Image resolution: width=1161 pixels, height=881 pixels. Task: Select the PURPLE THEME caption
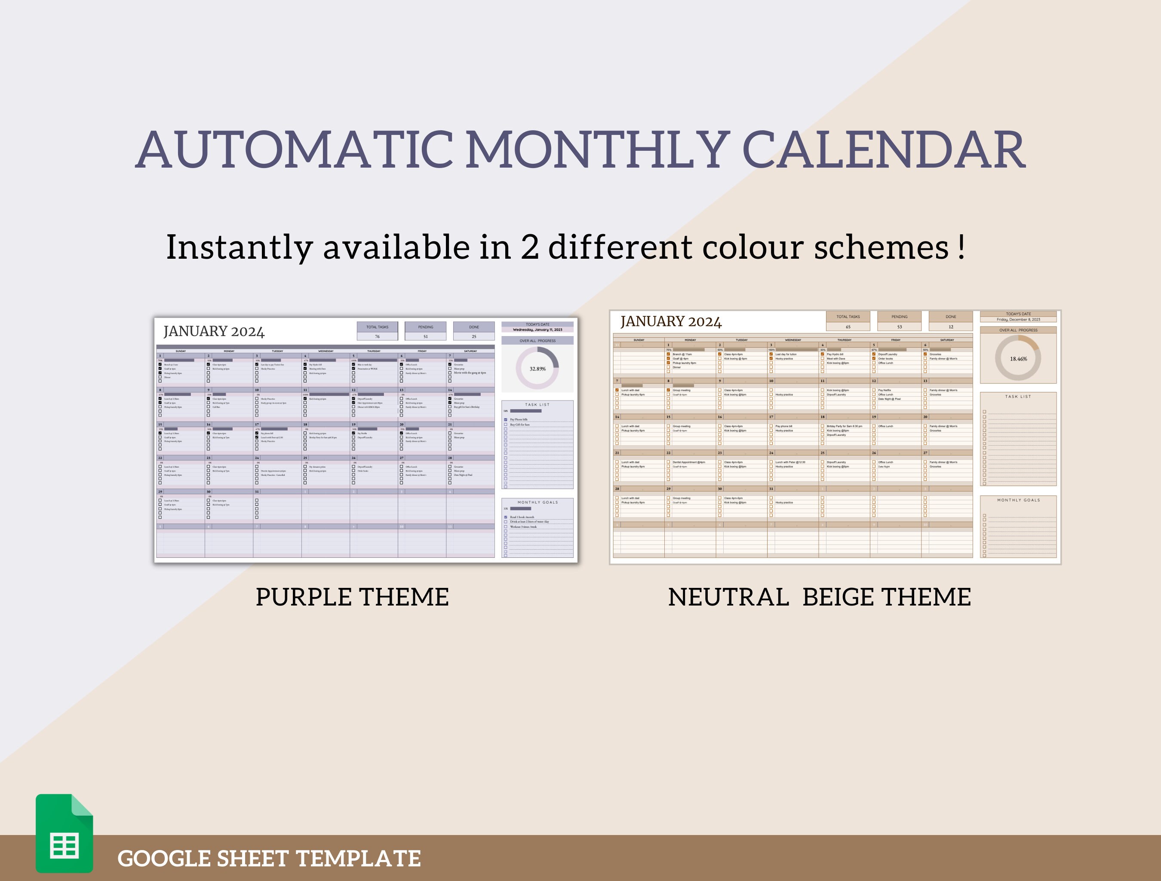pos(352,597)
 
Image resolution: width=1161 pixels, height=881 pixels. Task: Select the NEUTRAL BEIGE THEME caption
pos(819,597)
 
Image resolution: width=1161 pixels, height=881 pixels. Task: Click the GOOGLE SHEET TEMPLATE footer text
pos(269,858)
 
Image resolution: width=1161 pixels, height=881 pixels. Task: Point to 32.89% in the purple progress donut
pos(537,369)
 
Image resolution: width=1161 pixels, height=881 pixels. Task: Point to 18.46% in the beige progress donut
pos(1018,359)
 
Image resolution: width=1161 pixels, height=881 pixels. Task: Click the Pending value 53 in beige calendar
pos(899,327)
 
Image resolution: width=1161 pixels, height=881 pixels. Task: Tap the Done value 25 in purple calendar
pos(473,336)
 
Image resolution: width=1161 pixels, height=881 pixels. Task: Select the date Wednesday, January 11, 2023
pos(537,330)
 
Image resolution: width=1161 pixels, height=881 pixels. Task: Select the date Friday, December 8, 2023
pos(1018,320)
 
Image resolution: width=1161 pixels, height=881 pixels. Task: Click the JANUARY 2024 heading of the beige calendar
pos(670,321)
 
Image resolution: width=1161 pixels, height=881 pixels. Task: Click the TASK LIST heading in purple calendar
pos(537,404)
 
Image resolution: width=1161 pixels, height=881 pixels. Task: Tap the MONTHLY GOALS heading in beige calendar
pos(1018,500)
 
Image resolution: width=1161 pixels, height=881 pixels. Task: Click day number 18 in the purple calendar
pos(305,424)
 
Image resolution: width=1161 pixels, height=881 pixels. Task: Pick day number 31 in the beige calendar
pos(771,489)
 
